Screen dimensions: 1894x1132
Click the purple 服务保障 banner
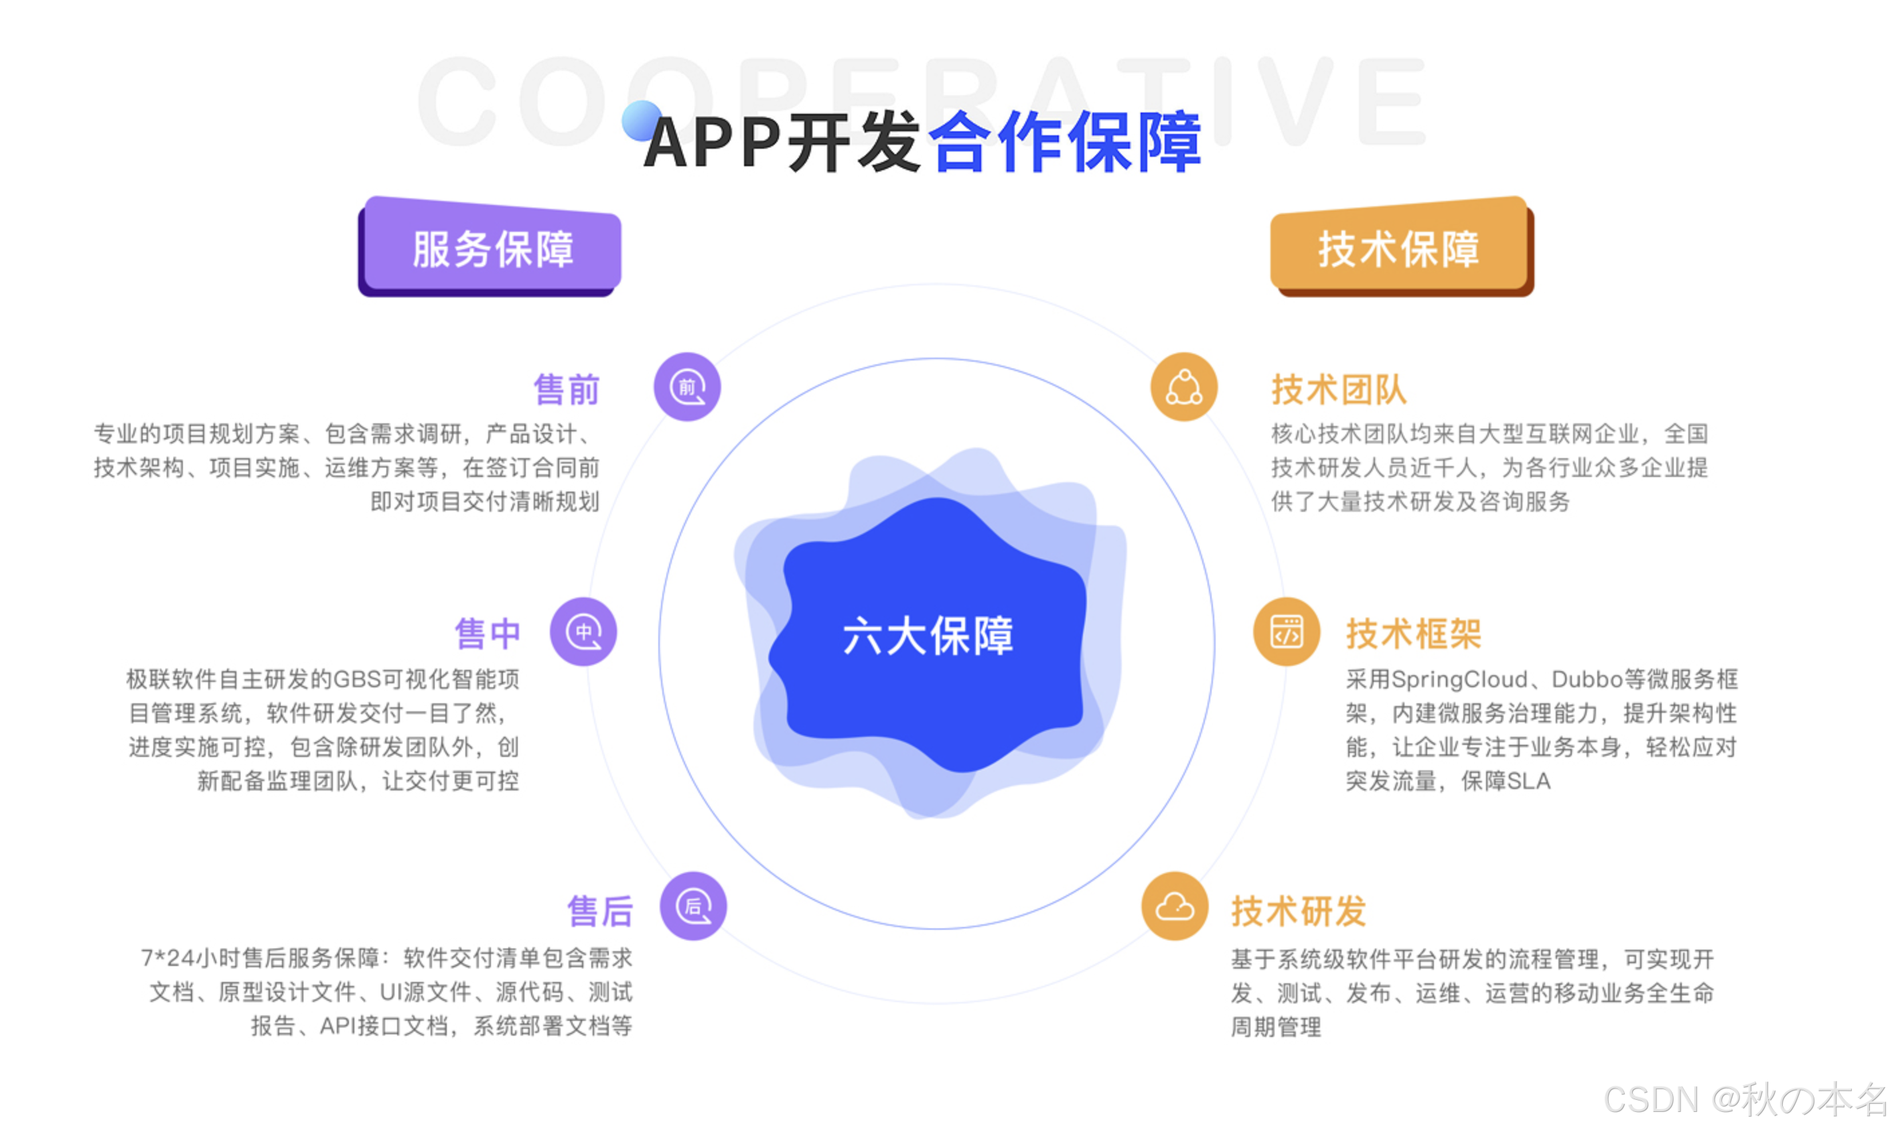491,248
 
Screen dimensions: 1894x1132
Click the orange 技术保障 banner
1400,248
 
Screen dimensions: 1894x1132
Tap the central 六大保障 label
928,636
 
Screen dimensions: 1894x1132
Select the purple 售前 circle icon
687,386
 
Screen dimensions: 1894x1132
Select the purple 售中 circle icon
583,632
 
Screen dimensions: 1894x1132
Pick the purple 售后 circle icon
693,906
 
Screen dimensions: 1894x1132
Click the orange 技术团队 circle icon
1183,386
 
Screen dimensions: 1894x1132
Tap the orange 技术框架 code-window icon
1287,632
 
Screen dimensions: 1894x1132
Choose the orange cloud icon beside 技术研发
1174,906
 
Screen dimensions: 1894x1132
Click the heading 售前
567,390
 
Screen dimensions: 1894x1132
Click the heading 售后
600,911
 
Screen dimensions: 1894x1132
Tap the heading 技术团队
1339,390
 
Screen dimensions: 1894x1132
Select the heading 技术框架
1413,634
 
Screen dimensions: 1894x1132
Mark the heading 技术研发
1298,911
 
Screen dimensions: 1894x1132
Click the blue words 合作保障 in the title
1064,142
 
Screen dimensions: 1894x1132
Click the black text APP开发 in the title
782,142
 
